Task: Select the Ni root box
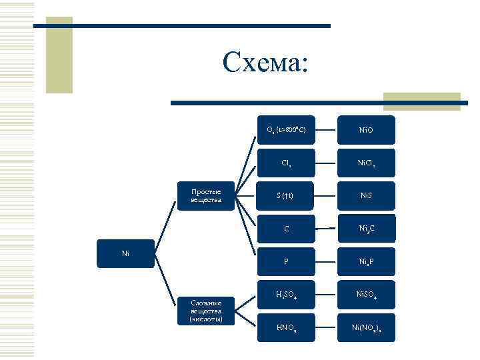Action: [x=125, y=253]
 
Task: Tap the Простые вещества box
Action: [x=206, y=195]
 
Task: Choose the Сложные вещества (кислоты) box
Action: [x=206, y=311]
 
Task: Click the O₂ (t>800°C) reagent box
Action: [x=286, y=130]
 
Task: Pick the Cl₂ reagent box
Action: [x=286, y=163]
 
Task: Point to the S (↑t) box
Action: [x=286, y=195]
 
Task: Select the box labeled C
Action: [x=286, y=229]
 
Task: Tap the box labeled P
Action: [x=286, y=261]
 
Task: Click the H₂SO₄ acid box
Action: [x=286, y=294]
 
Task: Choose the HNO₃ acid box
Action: [x=286, y=327]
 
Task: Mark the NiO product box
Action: [x=366, y=130]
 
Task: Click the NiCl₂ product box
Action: [x=366, y=163]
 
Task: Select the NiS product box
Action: [x=366, y=195]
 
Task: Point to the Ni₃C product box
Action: [x=366, y=229]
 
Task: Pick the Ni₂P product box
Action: [x=366, y=261]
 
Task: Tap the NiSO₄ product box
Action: [x=366, y=294]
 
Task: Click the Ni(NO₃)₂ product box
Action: [x=366, y=327]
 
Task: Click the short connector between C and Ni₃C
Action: [x=326, y=229]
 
